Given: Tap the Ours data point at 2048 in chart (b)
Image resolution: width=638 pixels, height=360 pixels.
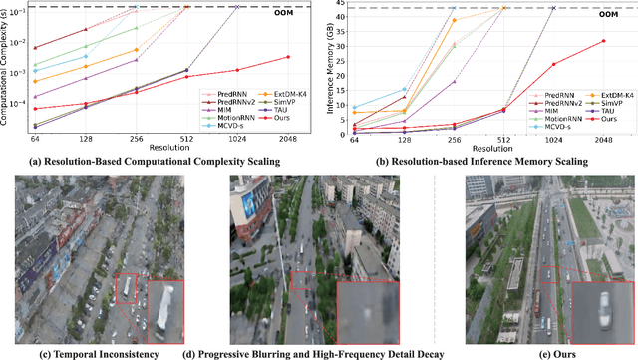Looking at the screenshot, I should [603, 41].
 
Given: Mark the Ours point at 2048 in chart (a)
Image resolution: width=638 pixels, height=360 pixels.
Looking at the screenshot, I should [288, 57].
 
